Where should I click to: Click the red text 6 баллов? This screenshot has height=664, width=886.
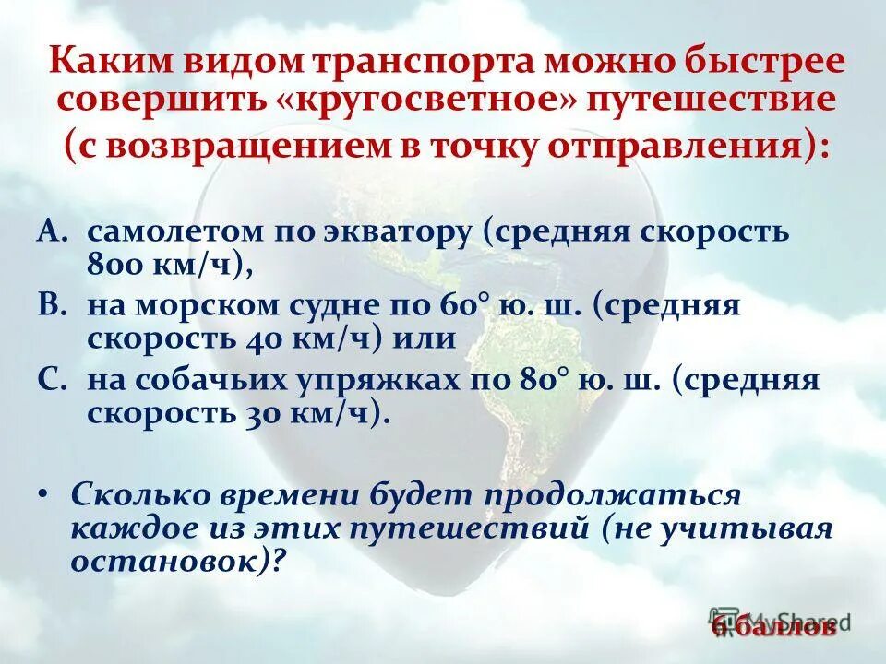coord(774,627)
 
